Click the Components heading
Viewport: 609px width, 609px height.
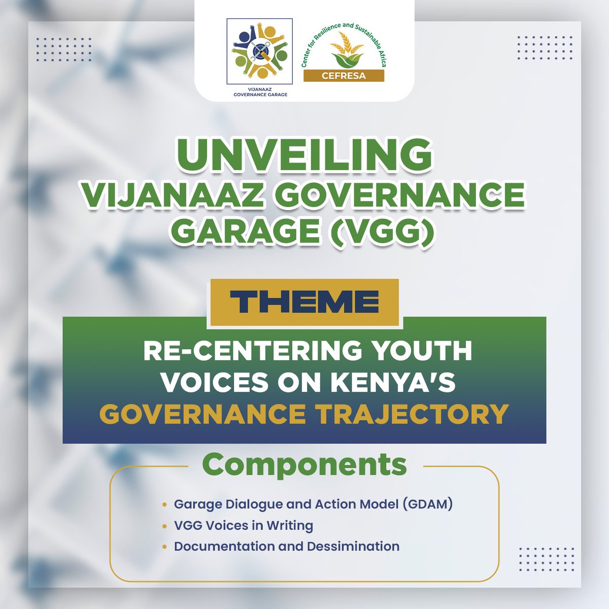(x=304, y=464)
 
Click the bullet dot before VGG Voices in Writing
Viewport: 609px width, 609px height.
(x=164, y=526)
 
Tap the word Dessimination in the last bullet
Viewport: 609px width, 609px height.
(x=353, y=547)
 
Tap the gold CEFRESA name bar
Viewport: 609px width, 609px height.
(x=344, y=76)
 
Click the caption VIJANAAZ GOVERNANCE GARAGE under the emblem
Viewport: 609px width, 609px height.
(x=259, y=91)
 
